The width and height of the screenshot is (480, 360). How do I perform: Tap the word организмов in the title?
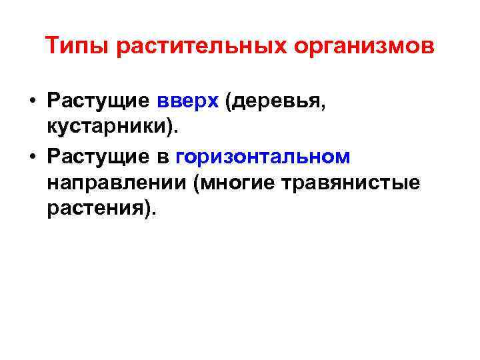coord(354,47)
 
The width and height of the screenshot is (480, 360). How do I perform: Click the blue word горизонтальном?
coord(263,156)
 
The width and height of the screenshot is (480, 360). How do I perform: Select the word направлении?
coord(116,182)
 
